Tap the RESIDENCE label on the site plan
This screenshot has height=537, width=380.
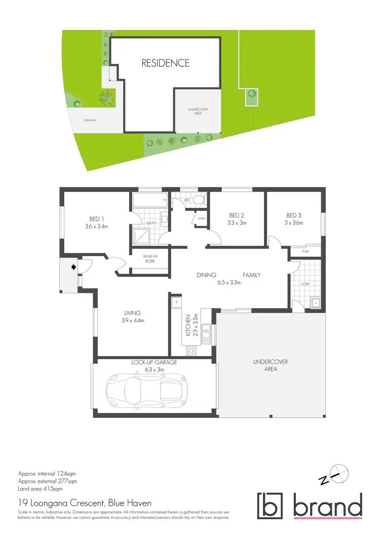click(x=165, y=63)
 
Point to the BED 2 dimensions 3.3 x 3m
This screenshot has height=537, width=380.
click(x=236, y=223)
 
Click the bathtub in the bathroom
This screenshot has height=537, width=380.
click(x=150, y=201)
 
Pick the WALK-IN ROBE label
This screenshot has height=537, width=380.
click(x=149, y=259)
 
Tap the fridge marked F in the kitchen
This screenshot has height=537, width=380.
click(x=176, y=302)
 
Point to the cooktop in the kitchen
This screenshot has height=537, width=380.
click(x=193, y=350)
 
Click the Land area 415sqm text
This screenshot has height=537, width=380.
click(x=41, y=489)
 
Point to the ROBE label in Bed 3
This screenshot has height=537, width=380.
click(x=306, y=251)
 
